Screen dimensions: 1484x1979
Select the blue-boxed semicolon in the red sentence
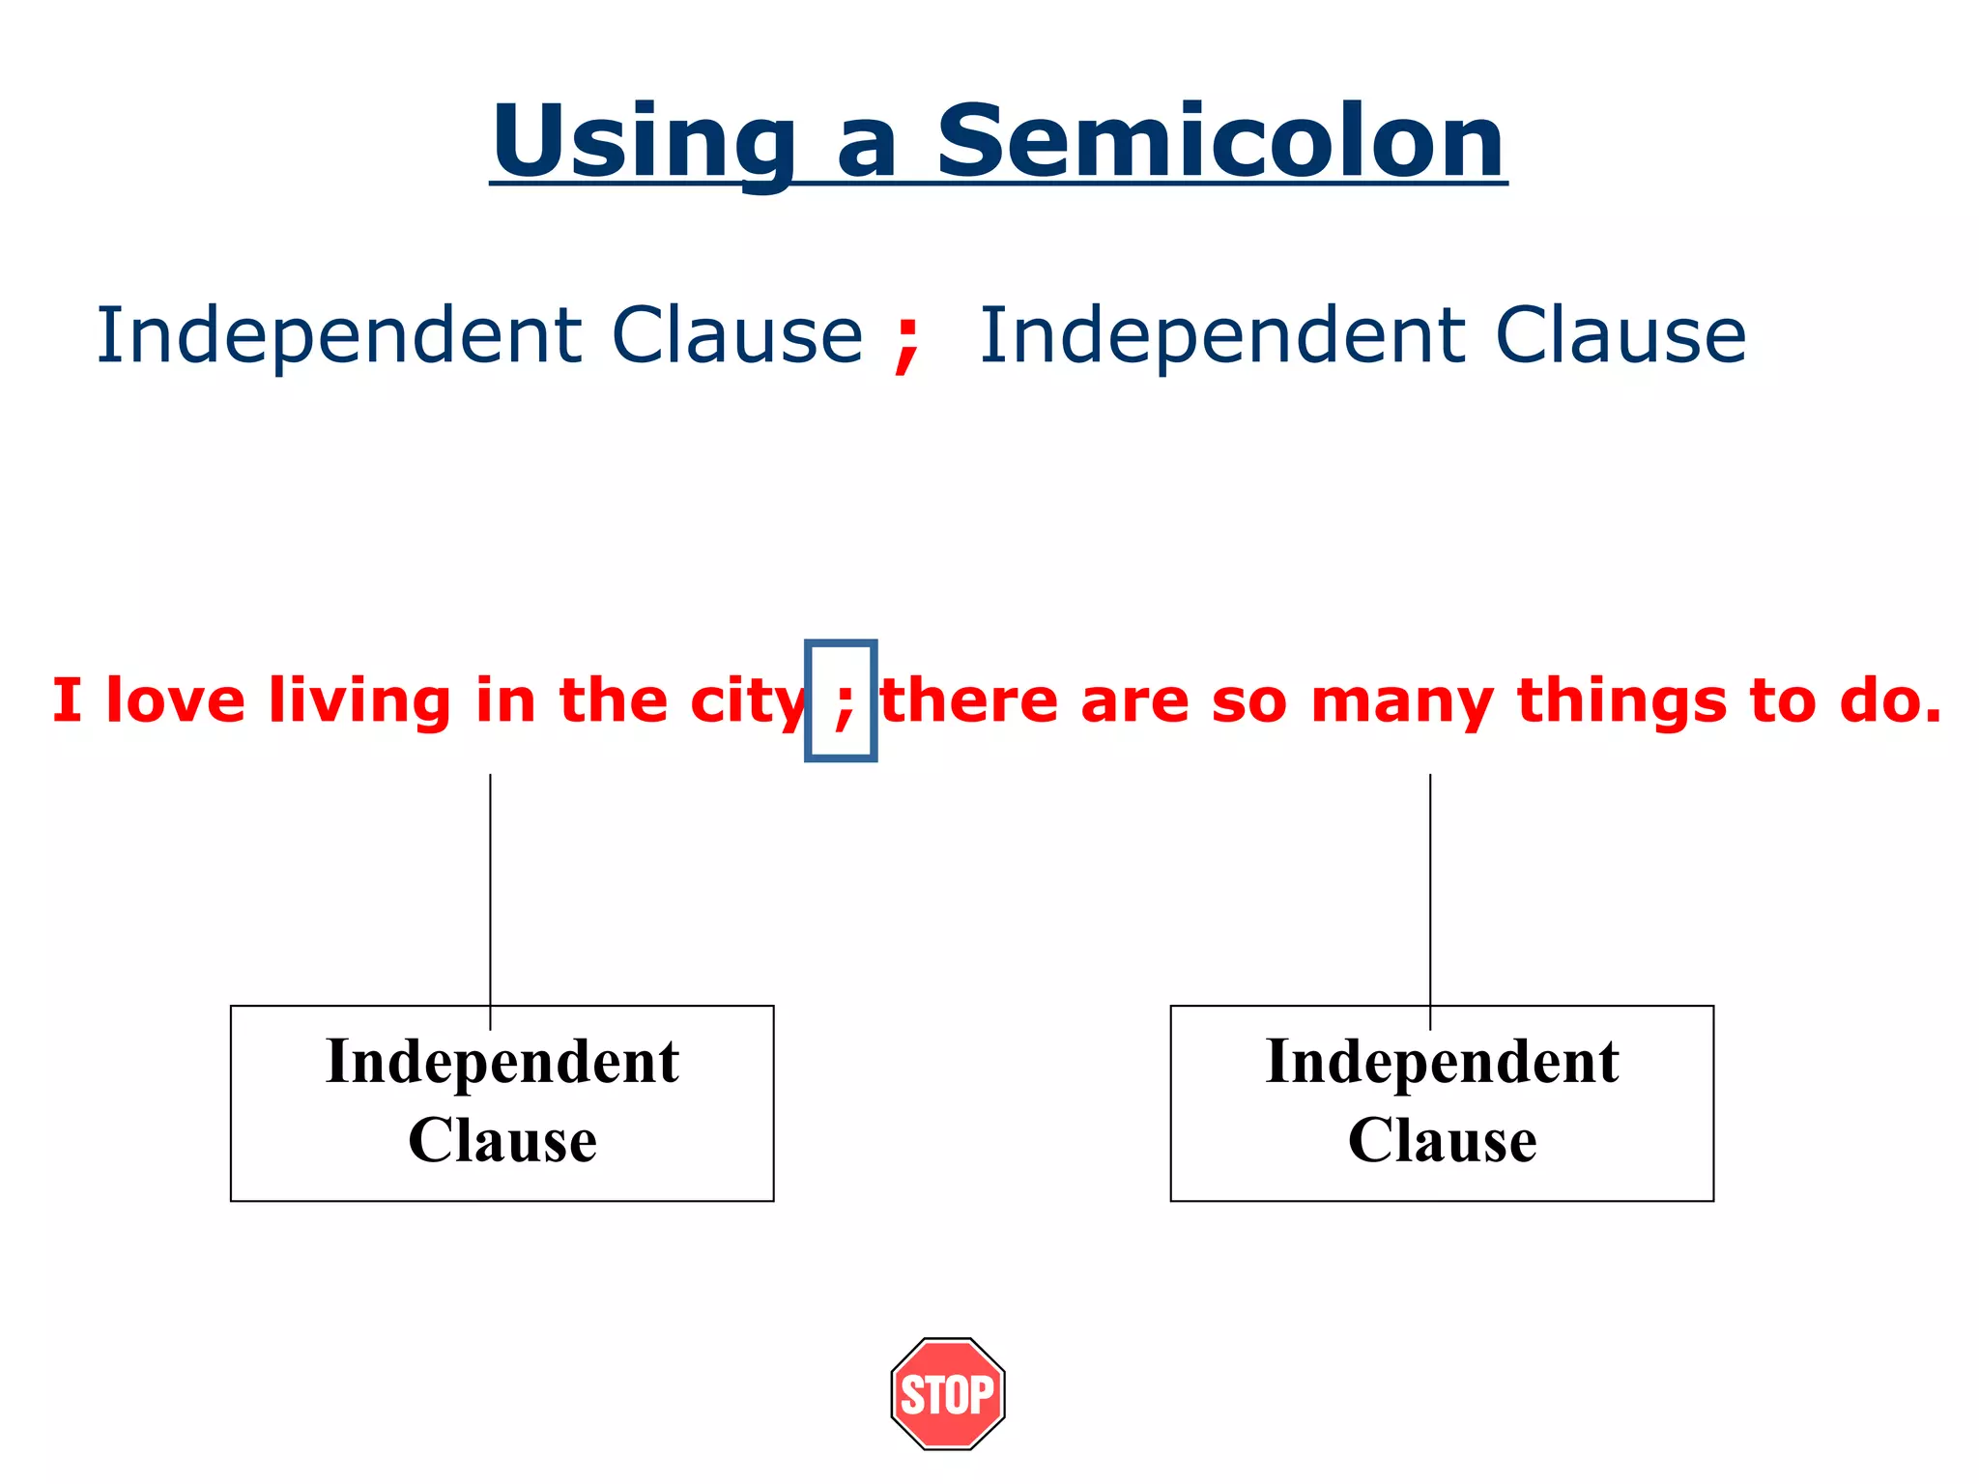[x=842, y=701]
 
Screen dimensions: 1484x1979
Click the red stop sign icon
[x=948, y=1393]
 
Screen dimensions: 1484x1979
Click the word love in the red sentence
[x=176, y=700]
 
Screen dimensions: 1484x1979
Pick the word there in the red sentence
[x=971, y=700]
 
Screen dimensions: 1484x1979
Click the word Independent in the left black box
[x=502, y=1064]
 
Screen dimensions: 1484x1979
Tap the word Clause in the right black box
[x=1442, y=1141]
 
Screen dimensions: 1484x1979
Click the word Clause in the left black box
[x=502, y=1141]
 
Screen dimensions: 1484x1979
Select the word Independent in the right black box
[x=1442, y=1064]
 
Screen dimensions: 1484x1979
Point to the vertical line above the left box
[x=490, y=889]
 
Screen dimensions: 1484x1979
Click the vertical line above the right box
[x=1430, y=889]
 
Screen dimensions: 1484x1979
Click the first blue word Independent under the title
[x=338, y=337]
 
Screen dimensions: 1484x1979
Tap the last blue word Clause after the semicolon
[x=1620, y=335]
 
